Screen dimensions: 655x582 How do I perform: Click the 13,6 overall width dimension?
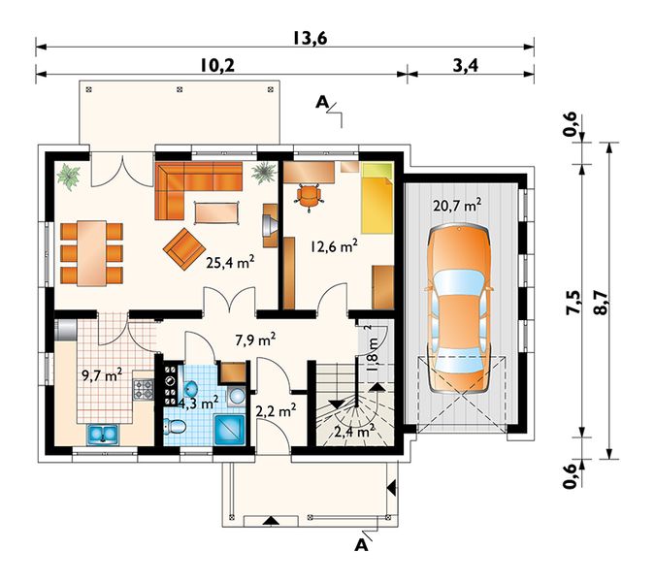coord(310,38)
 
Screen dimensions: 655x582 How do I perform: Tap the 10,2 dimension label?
coord(217,65)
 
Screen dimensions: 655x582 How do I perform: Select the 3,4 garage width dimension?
coord(466,65)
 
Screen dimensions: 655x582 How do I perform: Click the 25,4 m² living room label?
coord(231,263)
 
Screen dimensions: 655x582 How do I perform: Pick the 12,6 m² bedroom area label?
coord(334,246)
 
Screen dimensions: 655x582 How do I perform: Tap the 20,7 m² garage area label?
coord(457,205)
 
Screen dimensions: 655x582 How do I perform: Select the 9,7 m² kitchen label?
coord(102,375)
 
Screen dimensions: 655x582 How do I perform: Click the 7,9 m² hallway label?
coord(255,340)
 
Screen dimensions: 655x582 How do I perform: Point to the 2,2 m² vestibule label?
coord(277,411)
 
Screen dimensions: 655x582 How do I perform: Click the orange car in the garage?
coord(459,308)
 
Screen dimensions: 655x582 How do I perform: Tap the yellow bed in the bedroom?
coord(377,198)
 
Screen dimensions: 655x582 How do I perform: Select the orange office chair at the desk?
coord(310,195)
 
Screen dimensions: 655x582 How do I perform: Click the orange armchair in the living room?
coord(184,248)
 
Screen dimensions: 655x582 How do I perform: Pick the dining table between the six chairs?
coord(91,253)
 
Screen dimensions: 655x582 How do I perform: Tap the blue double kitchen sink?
coord(103,435)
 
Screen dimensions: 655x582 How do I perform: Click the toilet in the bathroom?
coord(176,426)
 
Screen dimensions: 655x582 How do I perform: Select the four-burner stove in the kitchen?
coord(143,389)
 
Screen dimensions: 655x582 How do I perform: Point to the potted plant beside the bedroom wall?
coord(264,173)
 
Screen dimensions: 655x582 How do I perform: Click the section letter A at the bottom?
coord(361,545)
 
